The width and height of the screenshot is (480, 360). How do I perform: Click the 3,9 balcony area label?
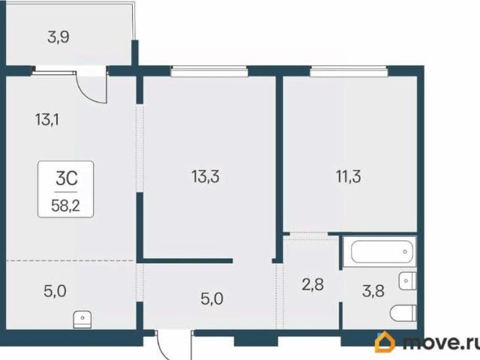pyautogui.click(x=58, y=37)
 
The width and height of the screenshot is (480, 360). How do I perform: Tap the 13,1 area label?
pyautogui.click(x=46, y=119)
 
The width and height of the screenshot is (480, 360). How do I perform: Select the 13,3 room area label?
pyautogui.click(x=205, y=177)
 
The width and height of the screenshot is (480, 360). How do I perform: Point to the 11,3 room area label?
pyautogui.click(x=348, y=177)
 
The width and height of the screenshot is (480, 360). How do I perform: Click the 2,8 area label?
pyautogui.click(x=313, y=284)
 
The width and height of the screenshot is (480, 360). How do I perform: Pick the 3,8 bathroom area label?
pyautogui.click(x=373, y=291)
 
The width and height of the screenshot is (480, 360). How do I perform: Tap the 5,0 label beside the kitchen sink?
pyautogui.click(x=55, y=291)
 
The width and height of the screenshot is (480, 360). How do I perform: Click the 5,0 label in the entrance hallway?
pyautogui.click(x=211, y=298)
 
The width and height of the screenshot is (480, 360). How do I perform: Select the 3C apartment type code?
pyautogui.click(x=66, y=178)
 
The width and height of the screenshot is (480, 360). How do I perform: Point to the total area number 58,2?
pyautogui.click(x=65, y=205)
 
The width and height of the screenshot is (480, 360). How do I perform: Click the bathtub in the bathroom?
pyautogui.click(x=382, y=252)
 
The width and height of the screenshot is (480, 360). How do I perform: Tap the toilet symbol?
pyautogui.click(x=403, y=313)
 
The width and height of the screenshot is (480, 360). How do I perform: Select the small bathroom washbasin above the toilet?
pyautogui.click(x=407, y=280)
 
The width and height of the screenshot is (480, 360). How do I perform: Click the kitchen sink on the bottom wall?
pyautogui.click(x=82, y=319)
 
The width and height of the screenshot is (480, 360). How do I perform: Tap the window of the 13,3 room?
pyautogui.click(x=209, y=72)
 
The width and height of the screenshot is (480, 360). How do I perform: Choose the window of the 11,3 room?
pyautogui.click(x=349, y=72)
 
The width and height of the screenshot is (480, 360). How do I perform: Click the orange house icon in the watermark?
pyautogui.click(x=385, y=342)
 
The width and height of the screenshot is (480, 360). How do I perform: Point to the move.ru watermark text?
pyautogui.click(x=441, y=342)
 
